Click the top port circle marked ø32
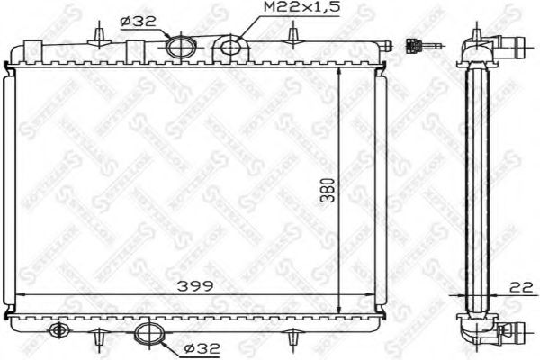point(181,46)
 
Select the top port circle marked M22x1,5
point(230,47)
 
